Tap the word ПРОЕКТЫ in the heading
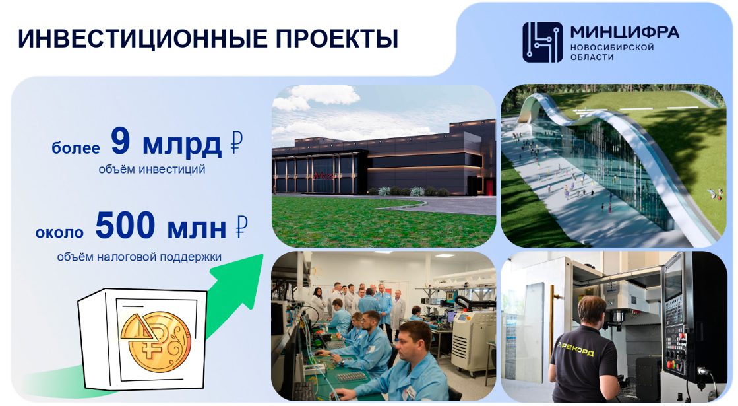(x=337, y=39)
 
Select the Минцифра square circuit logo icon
(x=542, y=42)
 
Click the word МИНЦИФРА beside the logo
(x=625, y=32)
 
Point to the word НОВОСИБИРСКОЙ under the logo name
(x=612, y=47)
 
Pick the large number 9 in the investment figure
(x=120, y=141)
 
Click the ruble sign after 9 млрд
(x=236, y=143)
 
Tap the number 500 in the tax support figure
(x=125, y=225)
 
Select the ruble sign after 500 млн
(x=241, y=226)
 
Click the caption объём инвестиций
(x=152, y=169)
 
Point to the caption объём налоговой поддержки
(x=139, y=257)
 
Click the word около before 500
(x=59, y=232)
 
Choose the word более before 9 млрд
(x=76, y=148)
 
